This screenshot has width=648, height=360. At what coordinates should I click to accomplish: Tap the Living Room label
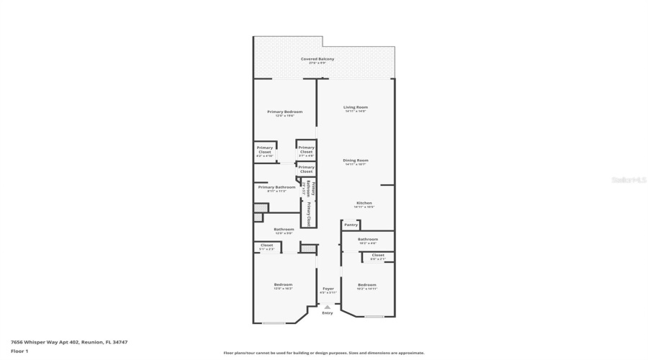356,107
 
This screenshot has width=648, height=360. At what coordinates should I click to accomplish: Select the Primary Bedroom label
284,112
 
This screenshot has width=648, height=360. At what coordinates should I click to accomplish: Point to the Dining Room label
356,160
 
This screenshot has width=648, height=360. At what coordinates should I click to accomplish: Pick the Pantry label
351,225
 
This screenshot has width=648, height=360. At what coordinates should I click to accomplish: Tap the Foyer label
328,289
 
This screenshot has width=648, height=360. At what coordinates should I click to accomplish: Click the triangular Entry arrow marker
328,306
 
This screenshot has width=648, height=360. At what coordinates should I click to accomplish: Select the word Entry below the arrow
328,313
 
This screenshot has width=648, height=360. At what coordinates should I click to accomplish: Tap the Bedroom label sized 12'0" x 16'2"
283,284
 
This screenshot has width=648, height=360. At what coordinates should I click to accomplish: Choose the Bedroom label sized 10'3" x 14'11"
367,284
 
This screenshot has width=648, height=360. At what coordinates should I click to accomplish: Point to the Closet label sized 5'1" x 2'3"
266,246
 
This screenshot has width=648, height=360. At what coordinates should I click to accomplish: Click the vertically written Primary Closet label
308,214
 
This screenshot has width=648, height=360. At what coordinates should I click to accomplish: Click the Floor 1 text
19,351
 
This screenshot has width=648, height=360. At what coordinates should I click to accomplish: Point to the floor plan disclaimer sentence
324,353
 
